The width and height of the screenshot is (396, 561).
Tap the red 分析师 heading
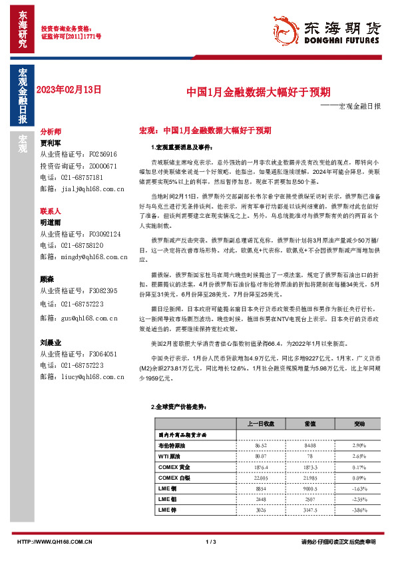51,132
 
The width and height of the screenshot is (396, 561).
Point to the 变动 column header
359,423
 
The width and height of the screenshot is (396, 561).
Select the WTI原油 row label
171,456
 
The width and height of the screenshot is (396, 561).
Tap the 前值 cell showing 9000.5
310,488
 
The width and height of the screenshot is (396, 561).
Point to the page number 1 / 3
211,542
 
